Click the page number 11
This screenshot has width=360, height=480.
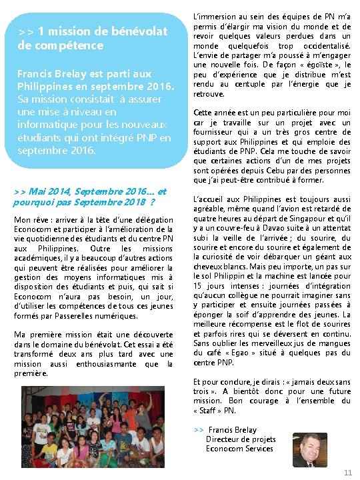tap(347, 472)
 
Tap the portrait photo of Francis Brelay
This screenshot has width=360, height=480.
tap(310, 450)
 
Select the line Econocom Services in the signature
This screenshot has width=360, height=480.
tap(239, 449)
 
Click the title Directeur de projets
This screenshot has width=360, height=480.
tap(241, 439)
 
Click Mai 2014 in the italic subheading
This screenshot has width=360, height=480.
tap(43, 191)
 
